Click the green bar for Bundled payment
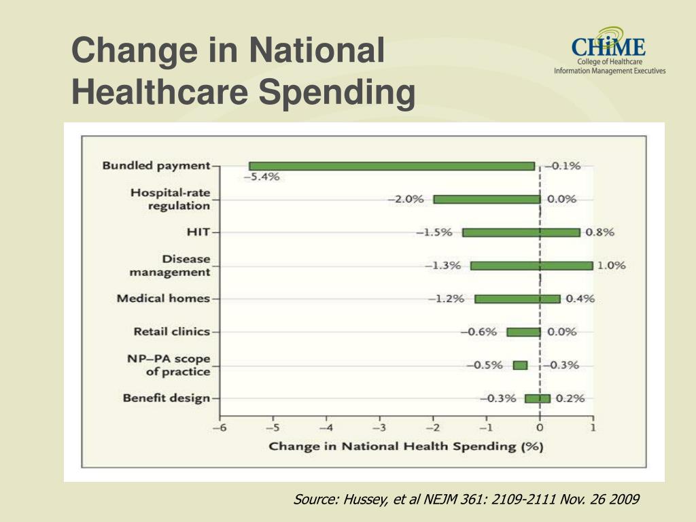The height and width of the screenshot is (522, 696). (391, 166)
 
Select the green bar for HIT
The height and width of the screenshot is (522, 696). (521, 232)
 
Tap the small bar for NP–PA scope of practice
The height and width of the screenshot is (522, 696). (520, 365)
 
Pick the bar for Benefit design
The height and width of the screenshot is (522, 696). (538, 398)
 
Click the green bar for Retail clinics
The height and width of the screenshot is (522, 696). (523, 332)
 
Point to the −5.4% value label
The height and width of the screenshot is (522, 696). (262, 177)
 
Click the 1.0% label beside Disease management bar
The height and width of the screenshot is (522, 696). (611, 266)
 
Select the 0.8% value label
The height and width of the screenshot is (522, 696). (599, 232)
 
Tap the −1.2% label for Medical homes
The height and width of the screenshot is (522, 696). (446, 299)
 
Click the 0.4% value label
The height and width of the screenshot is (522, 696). (580, 299)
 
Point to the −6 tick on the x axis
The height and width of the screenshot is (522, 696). (219, 428)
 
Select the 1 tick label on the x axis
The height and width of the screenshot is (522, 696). (593, 428)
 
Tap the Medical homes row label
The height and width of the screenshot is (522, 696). (163, 298)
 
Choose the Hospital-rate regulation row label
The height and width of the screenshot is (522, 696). (170, 199)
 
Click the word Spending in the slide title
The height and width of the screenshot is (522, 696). (336, 93)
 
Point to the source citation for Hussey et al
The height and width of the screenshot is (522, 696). (466, 500)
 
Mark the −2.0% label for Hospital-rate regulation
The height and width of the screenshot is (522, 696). (406, 199)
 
